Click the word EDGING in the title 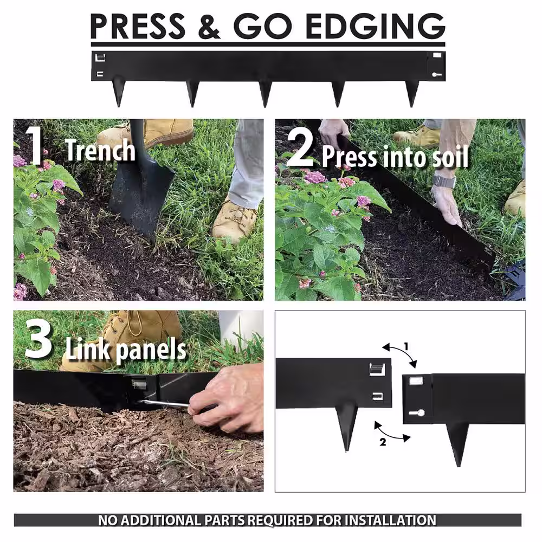pos(375,26)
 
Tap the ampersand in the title pos(209,26)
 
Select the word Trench pos(100,150)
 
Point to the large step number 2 pos(300,148)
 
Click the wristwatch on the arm pos(444,181)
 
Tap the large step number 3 pos(38,338)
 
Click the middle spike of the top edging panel pos(265,94)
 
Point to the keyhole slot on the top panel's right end pos(436,74)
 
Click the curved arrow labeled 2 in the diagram pos(391,433)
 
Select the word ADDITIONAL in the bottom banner pos(161,520)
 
